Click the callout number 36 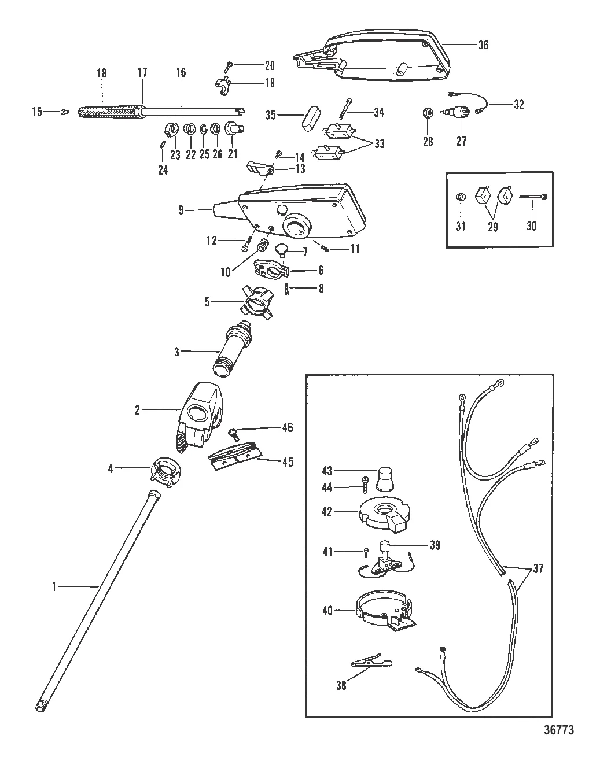tap(484, 45)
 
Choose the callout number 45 tap(287, 461)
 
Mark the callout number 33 tap(380, 143)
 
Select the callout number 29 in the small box tap(492, 226)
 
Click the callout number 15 tap(37, 112)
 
